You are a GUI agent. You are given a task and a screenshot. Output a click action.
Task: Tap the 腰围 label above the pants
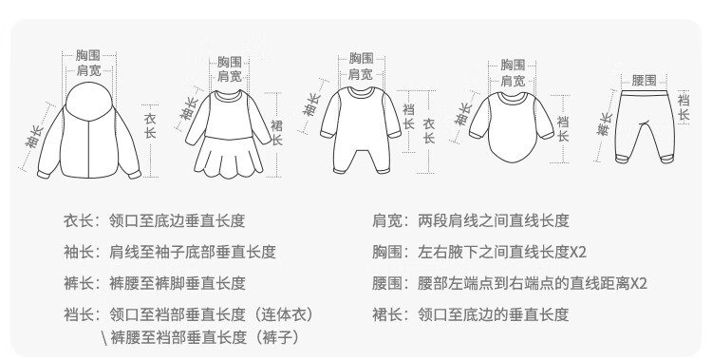(644, 81)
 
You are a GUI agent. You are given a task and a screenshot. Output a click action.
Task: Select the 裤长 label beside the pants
(605, 123)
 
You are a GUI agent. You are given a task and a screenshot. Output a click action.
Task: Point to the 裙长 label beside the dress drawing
(276, 133)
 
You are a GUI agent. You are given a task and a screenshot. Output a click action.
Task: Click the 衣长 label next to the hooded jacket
(150, 126)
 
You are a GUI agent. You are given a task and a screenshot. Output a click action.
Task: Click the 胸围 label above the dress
(230, 62)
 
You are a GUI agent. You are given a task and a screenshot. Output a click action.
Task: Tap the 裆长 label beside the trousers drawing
(684, 106)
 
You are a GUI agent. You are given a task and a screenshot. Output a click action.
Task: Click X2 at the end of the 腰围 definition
(639, 284)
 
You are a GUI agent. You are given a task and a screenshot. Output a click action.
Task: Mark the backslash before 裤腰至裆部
(104, 338)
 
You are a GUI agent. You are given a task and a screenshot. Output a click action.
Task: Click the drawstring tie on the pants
(643, 123)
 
